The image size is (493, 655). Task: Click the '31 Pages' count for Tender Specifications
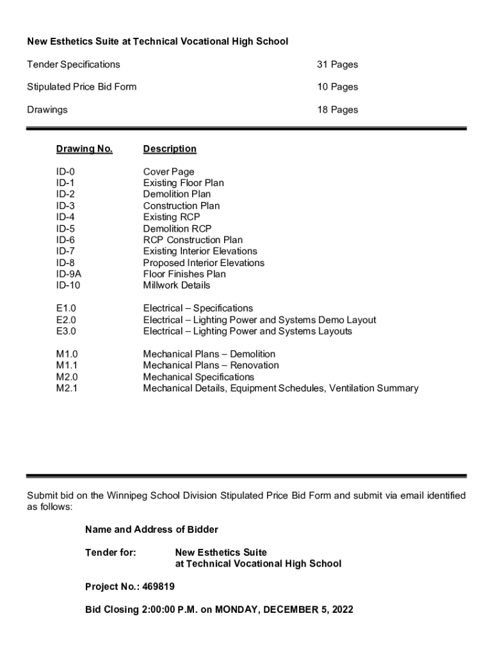337,65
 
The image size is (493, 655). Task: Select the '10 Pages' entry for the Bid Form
337,87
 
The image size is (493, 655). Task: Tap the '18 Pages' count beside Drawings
337,110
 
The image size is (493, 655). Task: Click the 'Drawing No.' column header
84,149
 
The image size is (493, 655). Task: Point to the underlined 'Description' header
170,149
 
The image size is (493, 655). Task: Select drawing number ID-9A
69,274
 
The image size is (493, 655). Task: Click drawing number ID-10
68,285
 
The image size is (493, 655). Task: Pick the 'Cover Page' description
168,172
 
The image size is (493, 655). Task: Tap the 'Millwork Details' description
176,285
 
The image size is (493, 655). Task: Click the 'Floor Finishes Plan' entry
184,274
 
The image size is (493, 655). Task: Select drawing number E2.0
66,320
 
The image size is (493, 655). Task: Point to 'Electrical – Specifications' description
198,308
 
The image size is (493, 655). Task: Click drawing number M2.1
67,388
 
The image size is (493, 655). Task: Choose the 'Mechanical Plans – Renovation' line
211,365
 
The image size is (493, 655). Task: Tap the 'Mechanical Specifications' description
198,377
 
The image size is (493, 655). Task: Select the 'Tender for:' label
110,553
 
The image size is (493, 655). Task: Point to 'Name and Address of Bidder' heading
151,530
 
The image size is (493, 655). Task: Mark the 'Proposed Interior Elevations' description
204,263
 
